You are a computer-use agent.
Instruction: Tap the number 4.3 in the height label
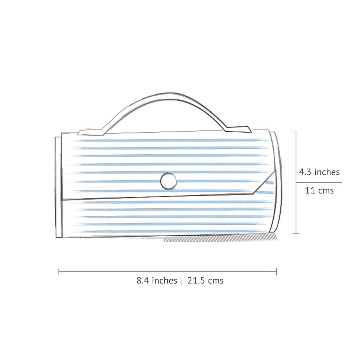305,172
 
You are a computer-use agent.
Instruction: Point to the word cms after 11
325,190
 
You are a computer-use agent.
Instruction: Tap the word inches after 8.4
164,280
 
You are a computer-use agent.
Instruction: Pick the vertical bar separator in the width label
181,281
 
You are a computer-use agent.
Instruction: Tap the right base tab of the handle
238,129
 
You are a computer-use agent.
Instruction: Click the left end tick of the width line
59,272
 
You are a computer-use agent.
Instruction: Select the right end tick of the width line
276,272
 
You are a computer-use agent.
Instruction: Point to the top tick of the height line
296,131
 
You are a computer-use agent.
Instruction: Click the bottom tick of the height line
296,233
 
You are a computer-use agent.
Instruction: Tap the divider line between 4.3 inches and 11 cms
319,182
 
